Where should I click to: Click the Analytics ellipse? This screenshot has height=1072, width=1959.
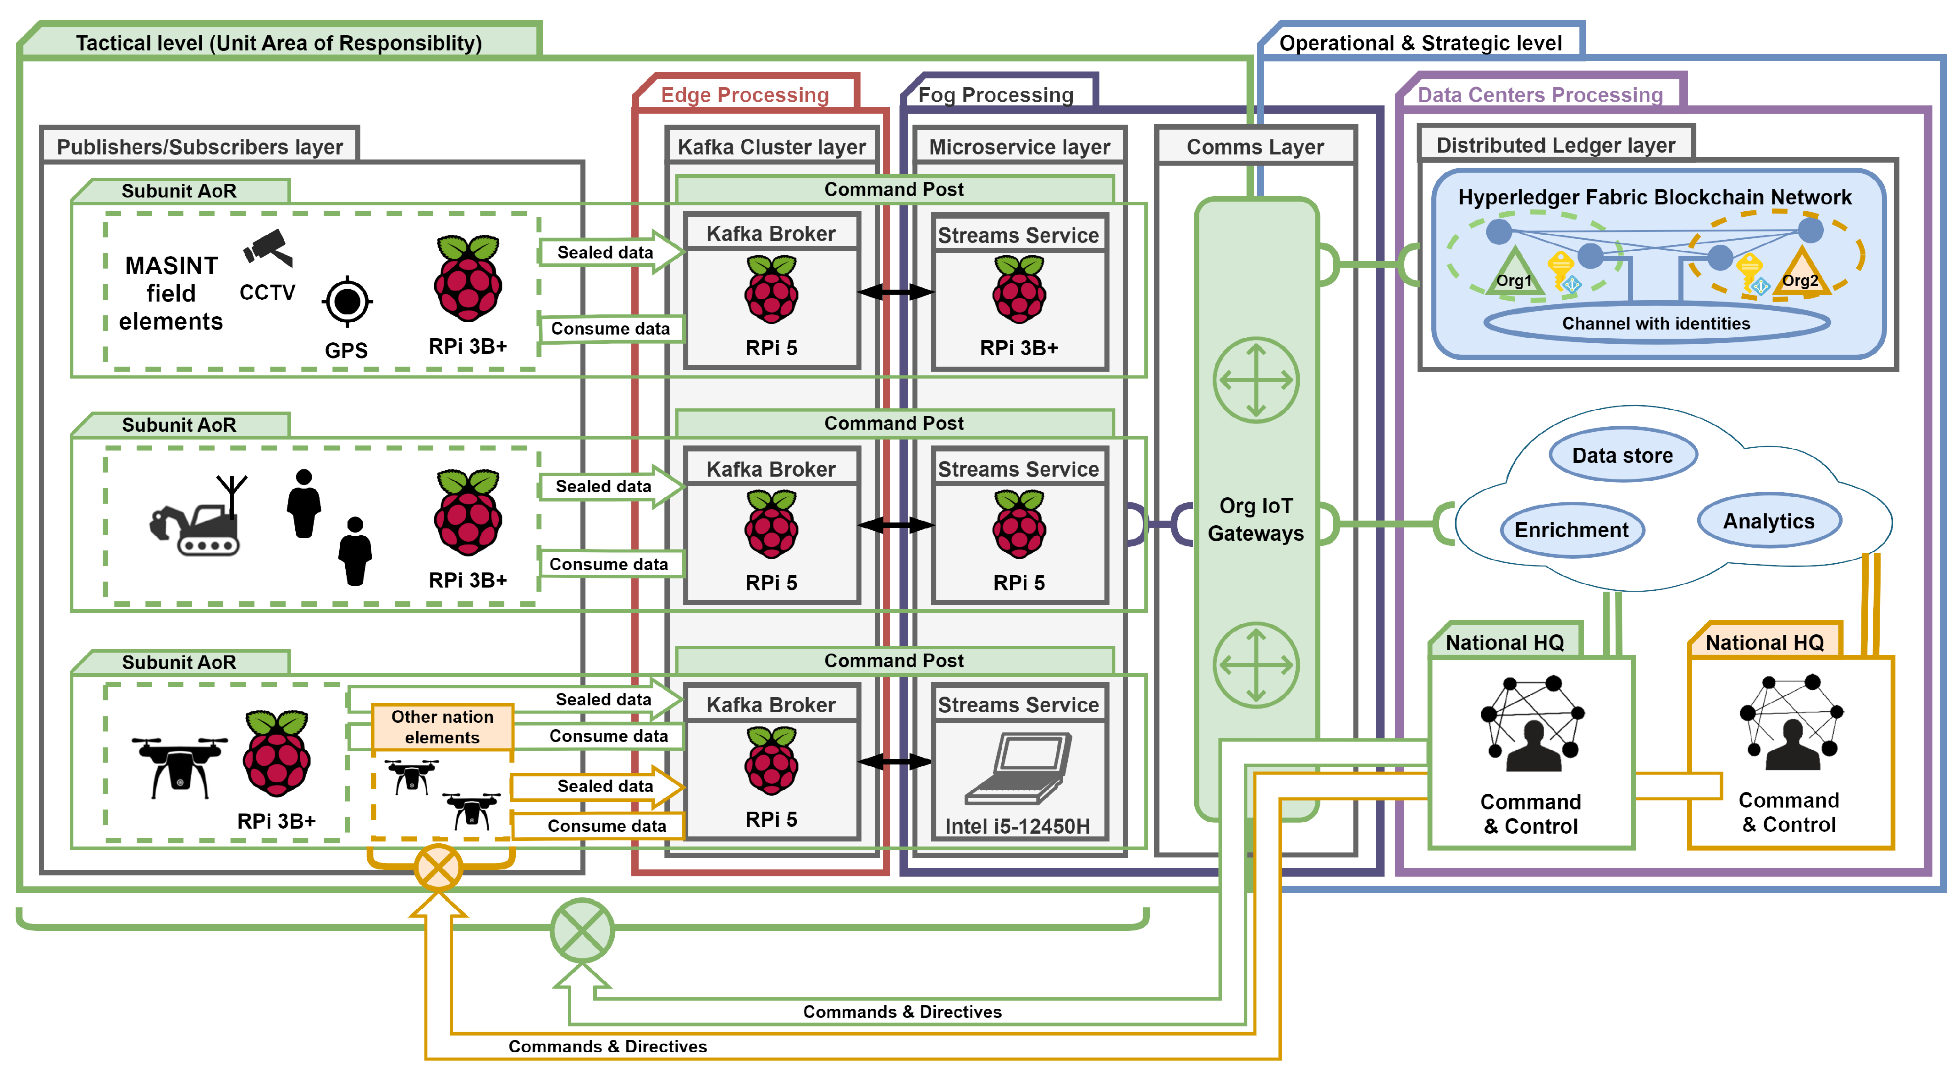coord(1768,522)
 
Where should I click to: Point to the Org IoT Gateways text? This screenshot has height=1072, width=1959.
coord(1256,519)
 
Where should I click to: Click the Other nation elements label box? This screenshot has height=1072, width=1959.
coord(442,727)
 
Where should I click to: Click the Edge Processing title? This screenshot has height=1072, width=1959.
coord(745,95)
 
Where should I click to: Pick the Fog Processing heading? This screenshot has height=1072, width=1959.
coord(995,95)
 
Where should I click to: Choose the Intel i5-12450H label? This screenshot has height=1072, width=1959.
coord(1017,826)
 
